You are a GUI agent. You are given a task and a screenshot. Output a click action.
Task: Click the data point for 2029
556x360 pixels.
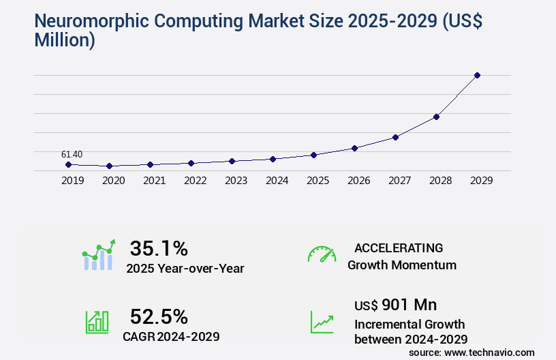point(477,75)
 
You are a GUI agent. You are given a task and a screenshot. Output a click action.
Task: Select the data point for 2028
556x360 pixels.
point(436,117)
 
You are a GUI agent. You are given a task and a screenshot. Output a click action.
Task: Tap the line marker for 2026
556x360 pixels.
point(354,148)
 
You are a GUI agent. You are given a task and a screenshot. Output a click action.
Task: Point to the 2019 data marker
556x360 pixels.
point(68,164)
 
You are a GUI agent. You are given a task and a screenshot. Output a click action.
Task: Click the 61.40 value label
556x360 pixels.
point(72,155)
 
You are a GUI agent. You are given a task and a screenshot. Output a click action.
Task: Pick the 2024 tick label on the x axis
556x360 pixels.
point(277,181)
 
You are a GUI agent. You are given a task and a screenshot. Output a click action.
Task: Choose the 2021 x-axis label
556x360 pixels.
point(154,181)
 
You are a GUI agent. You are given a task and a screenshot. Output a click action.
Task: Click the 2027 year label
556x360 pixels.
point(399,181)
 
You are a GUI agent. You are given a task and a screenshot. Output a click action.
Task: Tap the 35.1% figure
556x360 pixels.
point(159,247)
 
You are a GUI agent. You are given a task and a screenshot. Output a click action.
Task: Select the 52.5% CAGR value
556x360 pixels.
point(159,316)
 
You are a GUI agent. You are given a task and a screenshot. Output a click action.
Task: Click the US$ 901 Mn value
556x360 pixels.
point(396,304)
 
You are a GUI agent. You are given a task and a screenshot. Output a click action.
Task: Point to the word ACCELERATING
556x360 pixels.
point(399,247)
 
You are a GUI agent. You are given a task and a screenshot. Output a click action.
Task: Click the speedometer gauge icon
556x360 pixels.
point(322,254)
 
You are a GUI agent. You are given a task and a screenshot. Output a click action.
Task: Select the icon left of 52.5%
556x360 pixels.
point(97,322)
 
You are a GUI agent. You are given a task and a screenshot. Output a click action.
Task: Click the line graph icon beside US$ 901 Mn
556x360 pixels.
point(322,322)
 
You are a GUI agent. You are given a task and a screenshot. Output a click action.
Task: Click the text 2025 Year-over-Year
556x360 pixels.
point(185,269)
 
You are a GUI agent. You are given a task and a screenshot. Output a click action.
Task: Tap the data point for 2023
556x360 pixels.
point(232,161)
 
